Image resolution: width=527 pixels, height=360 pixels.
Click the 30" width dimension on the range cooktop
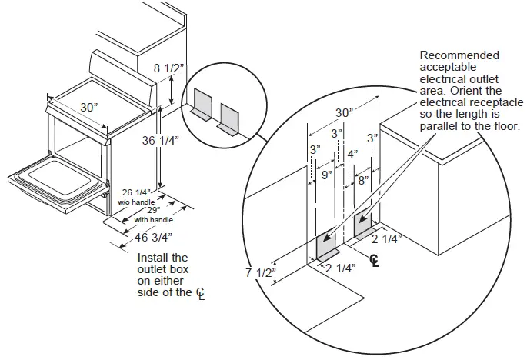90,108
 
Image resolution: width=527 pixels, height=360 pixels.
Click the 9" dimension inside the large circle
326,175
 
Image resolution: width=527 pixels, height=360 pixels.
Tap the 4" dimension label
352,154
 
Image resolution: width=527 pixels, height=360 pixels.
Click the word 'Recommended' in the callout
459,55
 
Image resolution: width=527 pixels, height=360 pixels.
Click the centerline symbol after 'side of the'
200,294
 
